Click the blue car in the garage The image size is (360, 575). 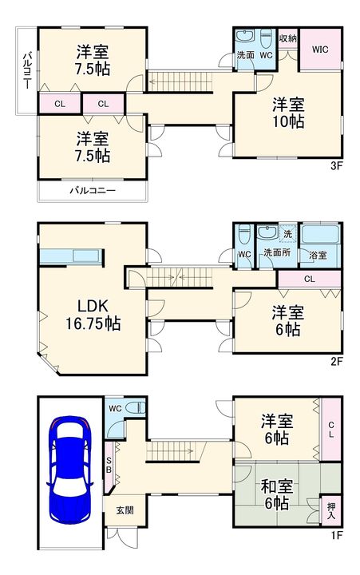[x=69, y=470]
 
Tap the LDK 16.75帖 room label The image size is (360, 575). [x=93, y=315]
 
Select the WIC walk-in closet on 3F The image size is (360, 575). [x=320, y=49]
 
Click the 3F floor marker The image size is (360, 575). [x=337, y=166]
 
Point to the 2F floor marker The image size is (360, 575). [x=337, y=362]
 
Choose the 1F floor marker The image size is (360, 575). [x=337, y=535]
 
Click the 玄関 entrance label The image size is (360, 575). [x=125, y=510]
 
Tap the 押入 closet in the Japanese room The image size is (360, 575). [x=331, y=510]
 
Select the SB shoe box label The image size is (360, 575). [x=109, y=466]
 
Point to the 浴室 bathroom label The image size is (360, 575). [x=318, y=256]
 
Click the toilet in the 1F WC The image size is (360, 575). [x=135, y=407]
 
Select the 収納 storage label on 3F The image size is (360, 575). [x=288, y=38]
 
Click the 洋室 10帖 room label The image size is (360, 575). [x=288, y=113]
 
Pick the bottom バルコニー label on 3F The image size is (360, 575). [x=93, y=190]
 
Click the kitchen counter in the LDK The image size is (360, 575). [x=72, y=256]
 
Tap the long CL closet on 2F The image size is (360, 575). [x=310, y=279]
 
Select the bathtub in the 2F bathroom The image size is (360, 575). [x=320, y=234]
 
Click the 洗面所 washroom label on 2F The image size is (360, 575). [x=277, y=252]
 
